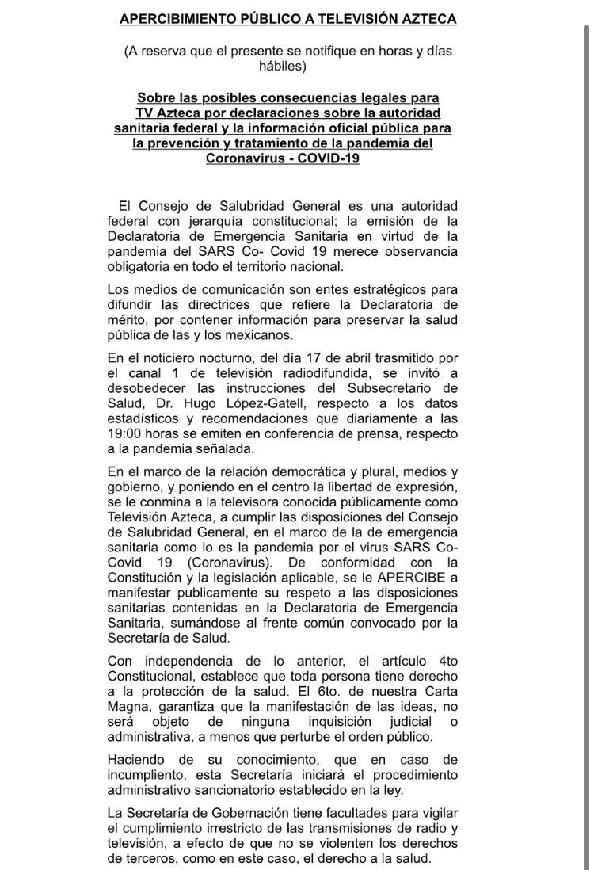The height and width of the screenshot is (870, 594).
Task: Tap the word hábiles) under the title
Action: pyautogui.click(x=282, y=67)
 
